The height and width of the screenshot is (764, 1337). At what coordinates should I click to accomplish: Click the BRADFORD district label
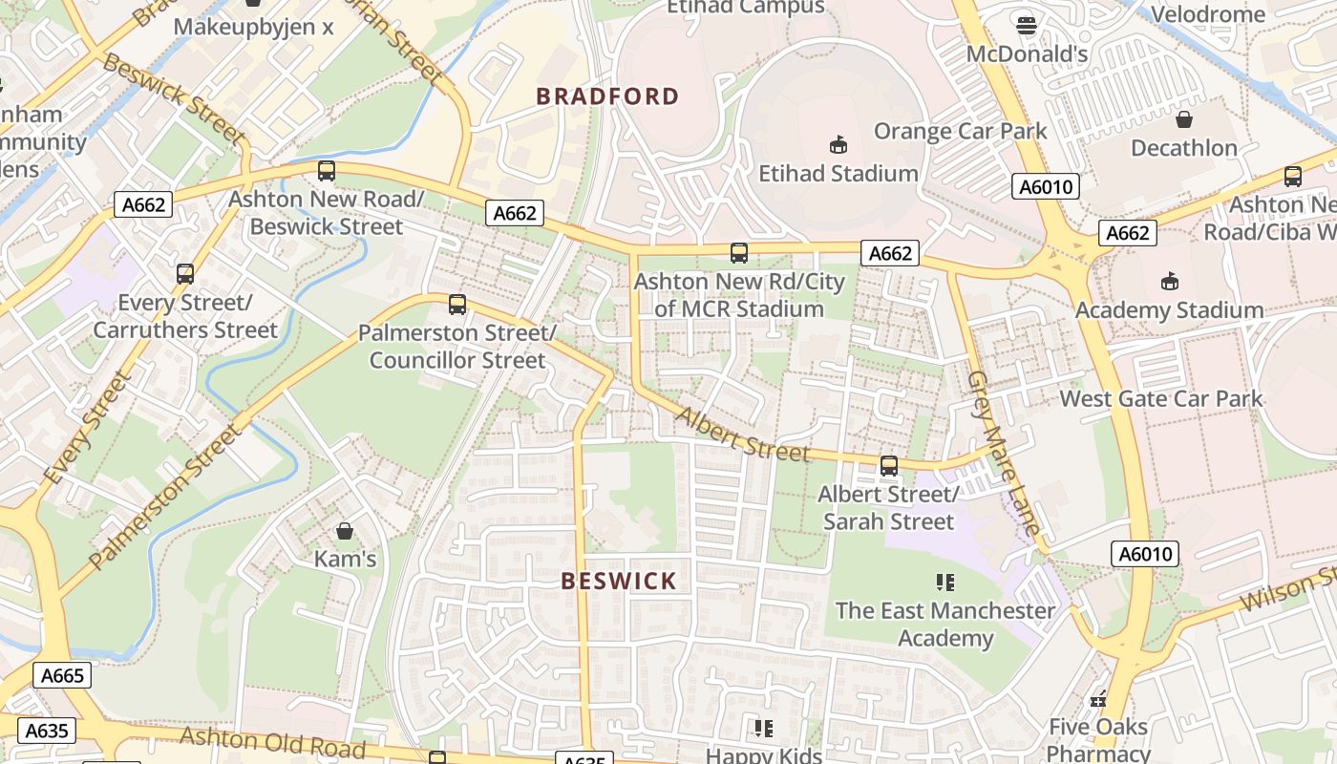coord(607,96)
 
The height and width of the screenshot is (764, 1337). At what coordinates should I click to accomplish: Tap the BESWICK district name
coord(619,581)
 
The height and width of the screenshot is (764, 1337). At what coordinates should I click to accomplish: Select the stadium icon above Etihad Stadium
coord(838,144)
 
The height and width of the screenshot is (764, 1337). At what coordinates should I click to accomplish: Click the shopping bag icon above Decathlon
coord(1184,119)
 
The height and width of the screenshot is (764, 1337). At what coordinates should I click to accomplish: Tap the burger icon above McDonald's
coord(1027,26)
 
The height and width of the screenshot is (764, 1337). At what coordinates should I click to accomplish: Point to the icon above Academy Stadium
coord(1169,281)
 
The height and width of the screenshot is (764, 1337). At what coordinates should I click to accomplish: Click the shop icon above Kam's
coord(345,530)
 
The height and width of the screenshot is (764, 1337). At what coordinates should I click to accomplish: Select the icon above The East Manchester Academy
coord(945,582)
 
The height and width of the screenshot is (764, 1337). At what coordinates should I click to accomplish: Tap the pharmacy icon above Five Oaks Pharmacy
coord(1098,699)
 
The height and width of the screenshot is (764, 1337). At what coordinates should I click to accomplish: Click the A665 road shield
coord(62,675)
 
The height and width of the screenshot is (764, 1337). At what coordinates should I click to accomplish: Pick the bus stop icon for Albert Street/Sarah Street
coord(889,466)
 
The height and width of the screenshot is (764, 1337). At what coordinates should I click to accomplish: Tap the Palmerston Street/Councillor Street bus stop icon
coord(457,305)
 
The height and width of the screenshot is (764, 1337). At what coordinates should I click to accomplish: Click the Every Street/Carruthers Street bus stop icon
coord(185,274)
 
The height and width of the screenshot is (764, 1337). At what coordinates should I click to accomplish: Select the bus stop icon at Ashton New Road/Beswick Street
coord(327,171)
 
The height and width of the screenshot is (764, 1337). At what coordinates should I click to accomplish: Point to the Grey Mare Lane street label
coord(1002,452)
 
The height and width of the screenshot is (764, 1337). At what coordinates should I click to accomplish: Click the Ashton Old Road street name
coord(272,741)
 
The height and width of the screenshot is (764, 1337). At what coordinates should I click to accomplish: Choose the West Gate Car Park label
coord(1161,398)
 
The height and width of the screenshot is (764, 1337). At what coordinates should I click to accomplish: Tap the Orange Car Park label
coord(960,131)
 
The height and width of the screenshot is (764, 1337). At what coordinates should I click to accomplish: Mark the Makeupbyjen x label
coord(253,26)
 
